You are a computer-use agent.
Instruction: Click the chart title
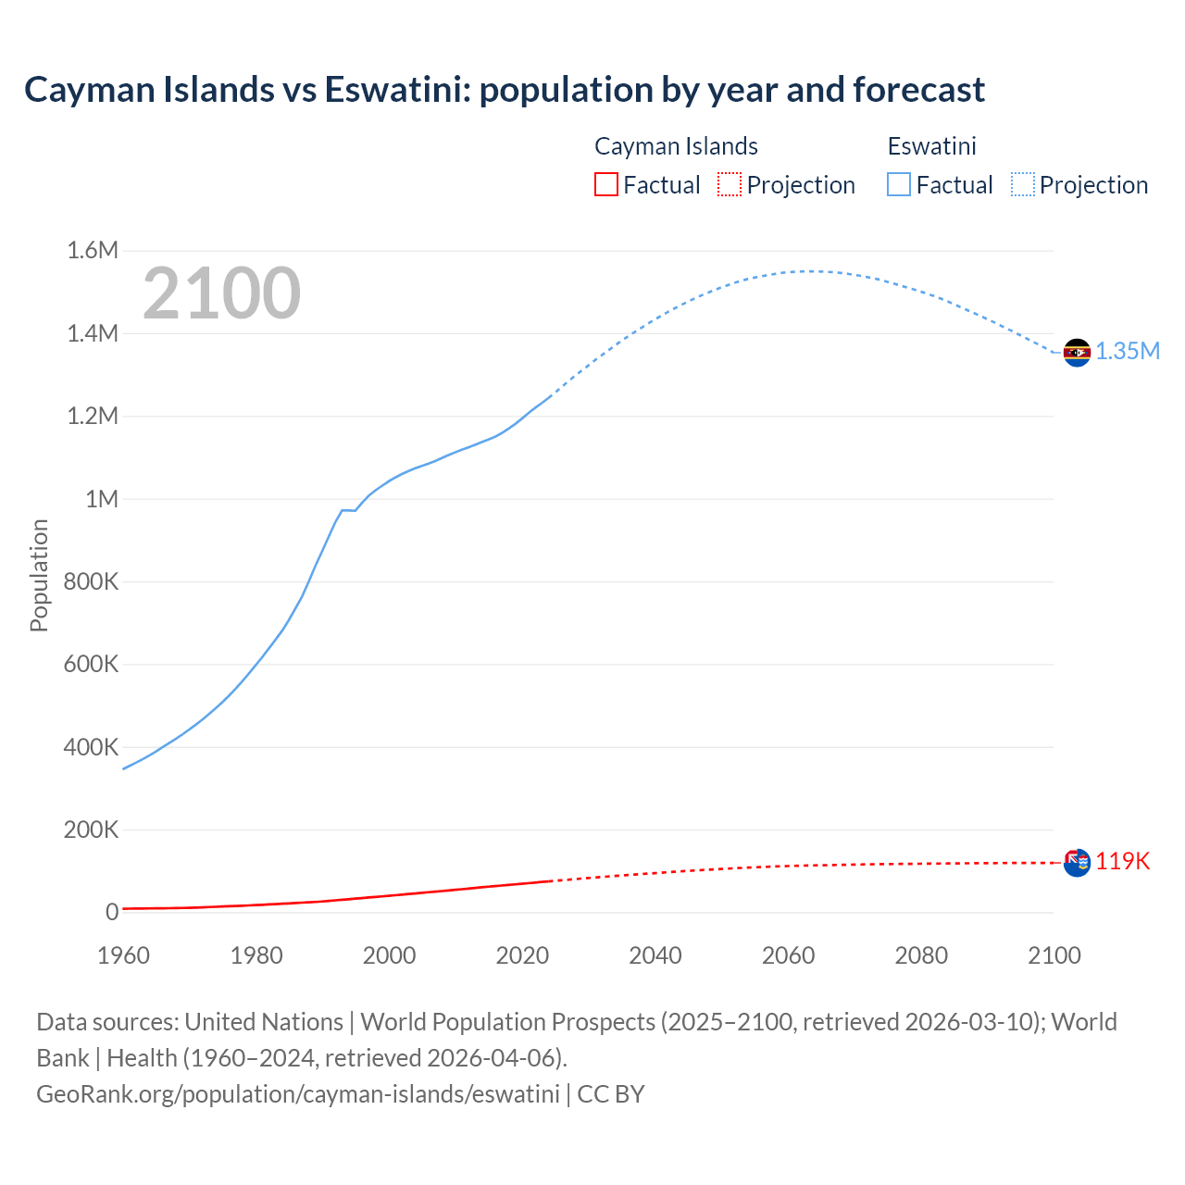tap(505, 90)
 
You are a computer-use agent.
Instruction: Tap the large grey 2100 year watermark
tap(221, 293)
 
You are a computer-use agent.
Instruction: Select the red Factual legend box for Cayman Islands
tap(605, 184)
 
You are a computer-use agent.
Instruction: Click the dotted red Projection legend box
tap(730, 184)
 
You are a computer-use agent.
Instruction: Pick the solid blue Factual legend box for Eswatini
tap(899, 184)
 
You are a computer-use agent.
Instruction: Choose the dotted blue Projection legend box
tap(1023, 184)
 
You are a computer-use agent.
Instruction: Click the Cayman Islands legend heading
tap(676, 146)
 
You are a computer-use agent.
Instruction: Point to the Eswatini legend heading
tap(931, 146)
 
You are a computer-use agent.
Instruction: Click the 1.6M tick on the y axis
tap(93, 251)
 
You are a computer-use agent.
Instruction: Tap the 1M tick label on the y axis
tap(102, 499)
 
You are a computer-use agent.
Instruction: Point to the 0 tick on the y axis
tap(112, 912)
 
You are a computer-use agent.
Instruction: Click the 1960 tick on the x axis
tap(123, 955)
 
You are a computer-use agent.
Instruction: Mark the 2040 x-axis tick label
tap(655, 955)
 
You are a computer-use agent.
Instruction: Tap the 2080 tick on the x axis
tap(921, 955)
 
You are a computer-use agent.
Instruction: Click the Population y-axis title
tap(39, 575)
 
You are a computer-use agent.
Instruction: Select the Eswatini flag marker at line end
tap(1077, 353)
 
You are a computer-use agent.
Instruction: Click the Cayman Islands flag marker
tap(1077, 863)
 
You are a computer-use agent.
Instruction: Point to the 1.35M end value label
tap(1128, 351)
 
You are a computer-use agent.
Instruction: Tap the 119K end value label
tap(1123, 862)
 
